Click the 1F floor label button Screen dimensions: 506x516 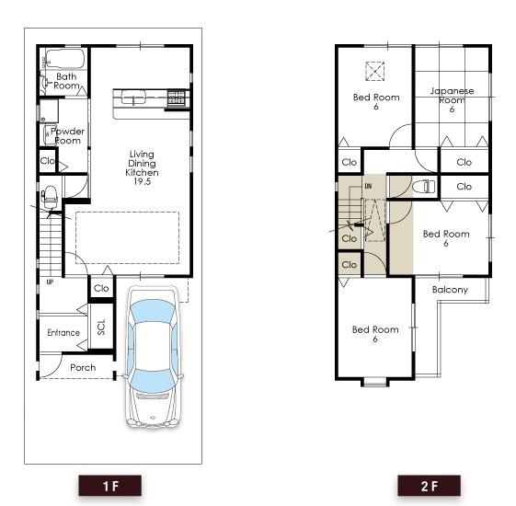tap(109, 485)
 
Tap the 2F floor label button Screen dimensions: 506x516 tap(429, 485)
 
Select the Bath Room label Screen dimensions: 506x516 tap(66, 81)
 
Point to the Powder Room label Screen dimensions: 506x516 tap(67, 136)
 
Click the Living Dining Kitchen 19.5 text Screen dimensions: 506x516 tap(142, 168)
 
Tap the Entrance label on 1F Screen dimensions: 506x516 tap(63, 332)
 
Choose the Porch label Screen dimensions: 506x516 tap(83, 367)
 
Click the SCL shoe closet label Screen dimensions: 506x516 tap(101, 328)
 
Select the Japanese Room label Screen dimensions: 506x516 tap(452, 99)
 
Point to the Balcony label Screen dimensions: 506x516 tap(450, 290)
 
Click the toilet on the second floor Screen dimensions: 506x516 tap(423, 187)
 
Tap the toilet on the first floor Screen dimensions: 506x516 tap(51, 195)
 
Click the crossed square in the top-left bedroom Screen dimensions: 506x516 tap(375, 71)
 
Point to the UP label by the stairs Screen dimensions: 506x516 tap(50, 282)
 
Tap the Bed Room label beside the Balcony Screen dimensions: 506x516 tap(446, 238)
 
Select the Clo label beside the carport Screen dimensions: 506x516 tap(101, 289)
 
